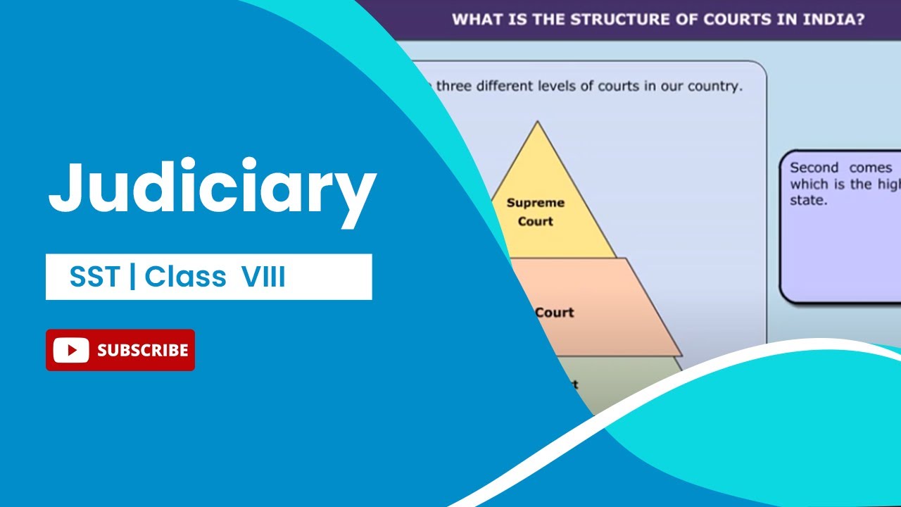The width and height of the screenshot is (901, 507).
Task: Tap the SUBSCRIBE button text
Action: point(143,350)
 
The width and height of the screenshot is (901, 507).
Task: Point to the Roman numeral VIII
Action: point(263,277)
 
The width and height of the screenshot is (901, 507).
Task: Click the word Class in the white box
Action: point(187,277)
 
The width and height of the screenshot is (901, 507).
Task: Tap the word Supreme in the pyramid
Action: point(536,203)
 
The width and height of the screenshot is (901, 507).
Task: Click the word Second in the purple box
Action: point(814,168)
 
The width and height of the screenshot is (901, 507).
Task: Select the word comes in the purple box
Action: point(871,168)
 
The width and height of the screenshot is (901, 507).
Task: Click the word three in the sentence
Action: point(455,87)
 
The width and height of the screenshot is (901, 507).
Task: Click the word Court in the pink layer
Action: point(554,312)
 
